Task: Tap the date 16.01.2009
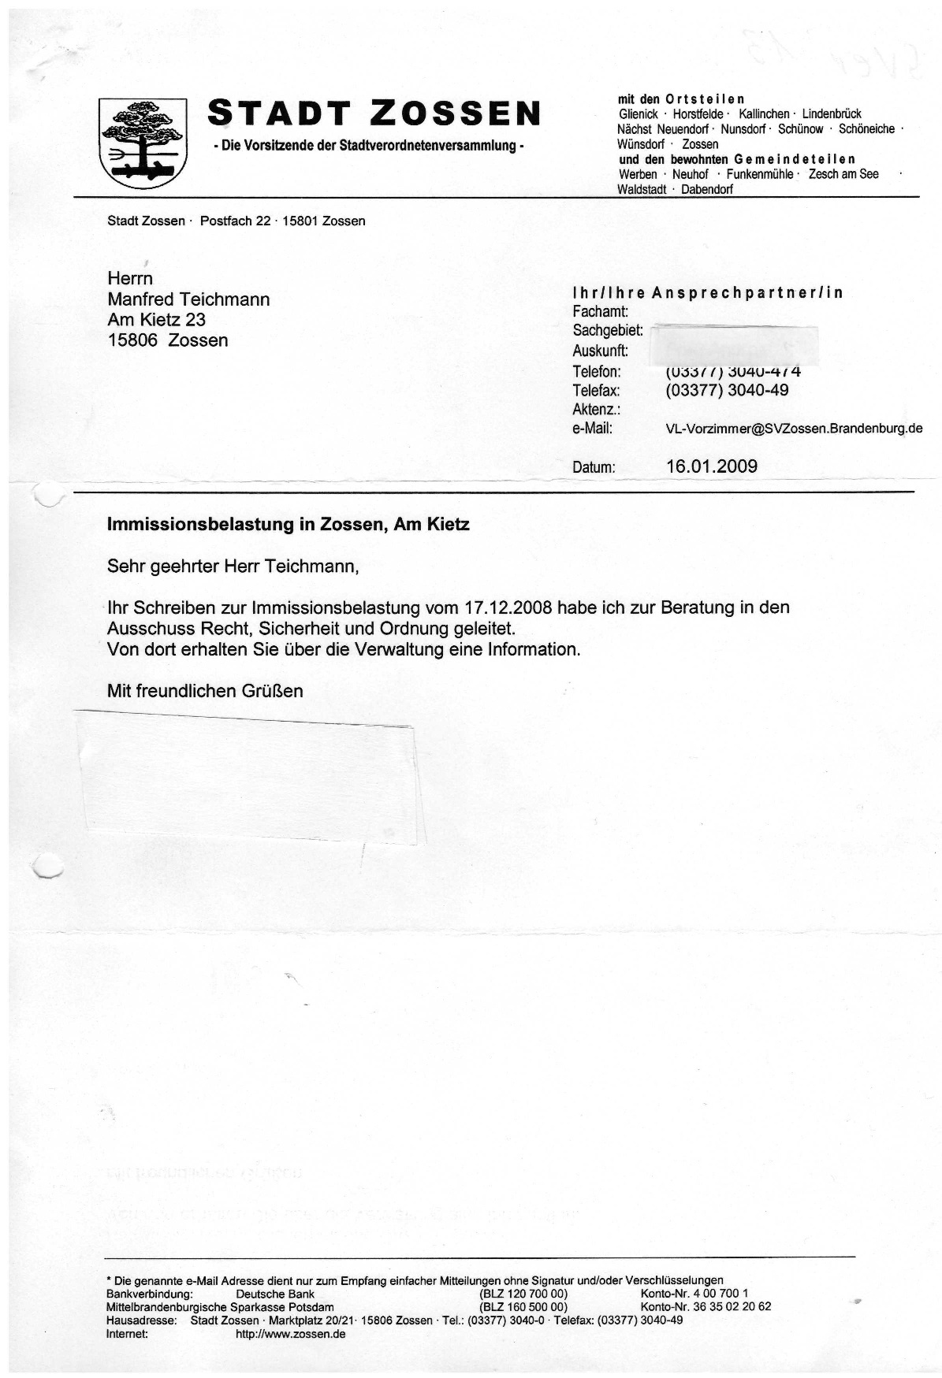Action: (711, 466)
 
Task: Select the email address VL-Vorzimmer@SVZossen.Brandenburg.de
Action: (794, 429)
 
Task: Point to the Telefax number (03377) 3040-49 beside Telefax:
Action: (727, 390)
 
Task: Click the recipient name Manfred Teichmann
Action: (188, 299)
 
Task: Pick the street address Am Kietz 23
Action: (156, 320)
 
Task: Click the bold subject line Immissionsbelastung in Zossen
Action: (288, 524)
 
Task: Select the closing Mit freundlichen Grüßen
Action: (205, 691)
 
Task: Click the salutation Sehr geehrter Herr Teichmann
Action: (233, 566)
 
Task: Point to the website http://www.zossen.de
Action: (290, 1334)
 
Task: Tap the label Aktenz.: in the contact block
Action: (596, 410)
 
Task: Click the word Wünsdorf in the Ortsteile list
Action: (641, 145)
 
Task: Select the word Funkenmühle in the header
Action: (759, 174)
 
